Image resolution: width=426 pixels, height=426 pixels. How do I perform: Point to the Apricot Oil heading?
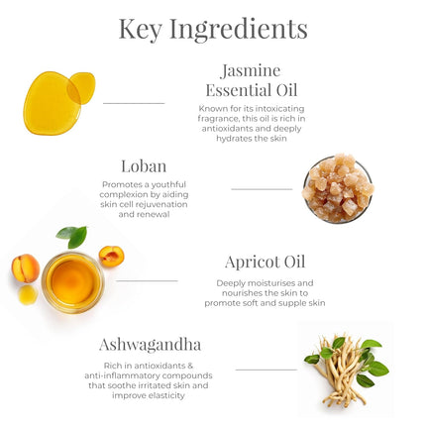(265, 263)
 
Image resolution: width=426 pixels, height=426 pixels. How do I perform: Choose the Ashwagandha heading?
(150, 345)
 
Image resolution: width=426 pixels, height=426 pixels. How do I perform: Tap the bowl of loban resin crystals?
(338, 188)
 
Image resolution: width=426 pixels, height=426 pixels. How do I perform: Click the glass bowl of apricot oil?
(71, 281)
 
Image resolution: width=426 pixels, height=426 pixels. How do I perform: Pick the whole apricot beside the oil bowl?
(25, 267)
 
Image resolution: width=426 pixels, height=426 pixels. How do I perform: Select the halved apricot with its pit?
(111, 257)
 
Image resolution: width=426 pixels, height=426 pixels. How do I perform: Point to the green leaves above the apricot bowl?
(72, 236)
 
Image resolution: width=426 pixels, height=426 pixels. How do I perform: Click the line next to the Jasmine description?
(133, 103)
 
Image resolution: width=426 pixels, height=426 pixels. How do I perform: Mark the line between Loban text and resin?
(262, 188)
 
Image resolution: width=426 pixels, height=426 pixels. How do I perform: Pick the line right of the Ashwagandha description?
(266, 370)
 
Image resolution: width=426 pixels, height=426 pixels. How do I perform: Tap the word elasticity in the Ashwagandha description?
(164, 395)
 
